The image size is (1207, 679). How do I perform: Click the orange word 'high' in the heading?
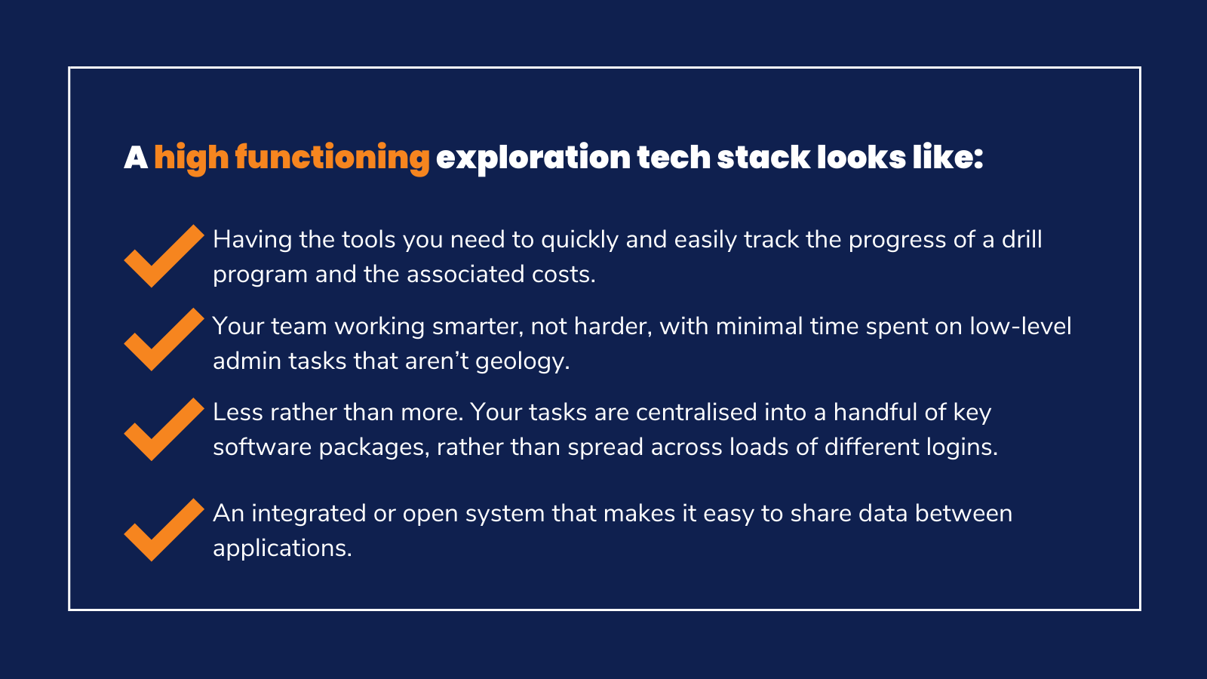tap(192, 158)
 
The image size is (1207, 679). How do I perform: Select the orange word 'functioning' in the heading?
tap(333, 158)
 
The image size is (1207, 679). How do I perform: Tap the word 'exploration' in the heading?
tap(533, 158)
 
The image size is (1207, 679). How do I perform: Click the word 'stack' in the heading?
tap(763, 158)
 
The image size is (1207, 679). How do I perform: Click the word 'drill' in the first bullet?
tap(1021, 239)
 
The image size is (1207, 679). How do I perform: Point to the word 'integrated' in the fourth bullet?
tap(309, 514)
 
